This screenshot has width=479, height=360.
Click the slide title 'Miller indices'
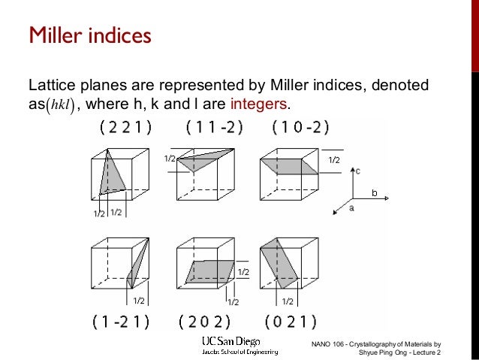(x=89, y=35)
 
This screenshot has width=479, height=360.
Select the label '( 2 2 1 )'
(x=125, y=127)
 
